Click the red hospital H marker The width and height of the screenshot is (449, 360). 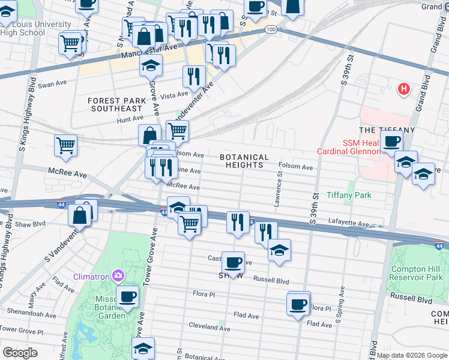coord(404,89)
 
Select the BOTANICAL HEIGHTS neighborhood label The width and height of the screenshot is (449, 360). coord(242,160)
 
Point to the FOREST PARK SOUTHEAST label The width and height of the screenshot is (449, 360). coord(116,104)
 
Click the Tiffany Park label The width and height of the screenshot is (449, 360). coord(349,195)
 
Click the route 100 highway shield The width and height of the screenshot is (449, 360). coord(271,29)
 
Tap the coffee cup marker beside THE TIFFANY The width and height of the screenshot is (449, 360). coord(392,142)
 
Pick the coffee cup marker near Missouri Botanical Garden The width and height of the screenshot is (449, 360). coord(127,296)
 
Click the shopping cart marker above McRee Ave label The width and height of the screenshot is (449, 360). coord(65,145)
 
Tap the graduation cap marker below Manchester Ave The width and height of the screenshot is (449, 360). coord(151,65)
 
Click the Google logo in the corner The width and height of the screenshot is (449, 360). coord(20,353)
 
